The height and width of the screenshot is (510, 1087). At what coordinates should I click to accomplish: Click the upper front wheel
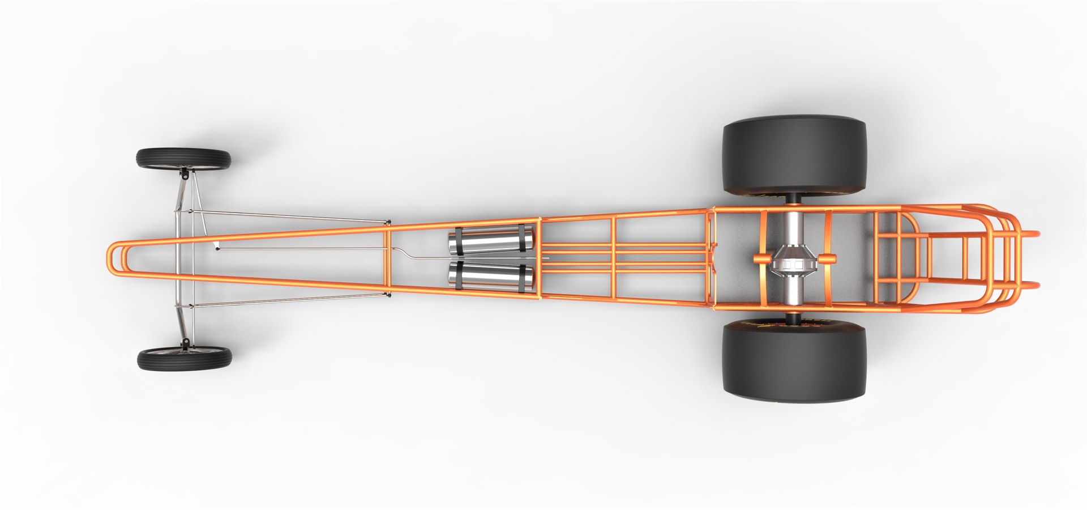point(183,159)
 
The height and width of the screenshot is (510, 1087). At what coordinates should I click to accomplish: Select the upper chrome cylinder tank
point(490,241)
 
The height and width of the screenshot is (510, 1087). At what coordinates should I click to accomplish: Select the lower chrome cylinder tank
point(490,275)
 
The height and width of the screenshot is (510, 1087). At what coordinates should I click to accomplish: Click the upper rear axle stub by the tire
point(793,199)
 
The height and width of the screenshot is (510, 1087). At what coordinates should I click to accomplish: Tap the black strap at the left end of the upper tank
point(457,241)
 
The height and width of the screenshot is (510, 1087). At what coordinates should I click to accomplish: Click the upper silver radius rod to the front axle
point(289,216)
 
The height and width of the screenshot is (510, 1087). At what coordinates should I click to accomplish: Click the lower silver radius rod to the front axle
point(289,300)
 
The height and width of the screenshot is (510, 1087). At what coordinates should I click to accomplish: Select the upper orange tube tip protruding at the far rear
point(1033,233)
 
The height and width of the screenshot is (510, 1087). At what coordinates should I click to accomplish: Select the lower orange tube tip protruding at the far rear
point(1033,286)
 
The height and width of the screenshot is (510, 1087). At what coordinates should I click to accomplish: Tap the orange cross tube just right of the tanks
point(539,258)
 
